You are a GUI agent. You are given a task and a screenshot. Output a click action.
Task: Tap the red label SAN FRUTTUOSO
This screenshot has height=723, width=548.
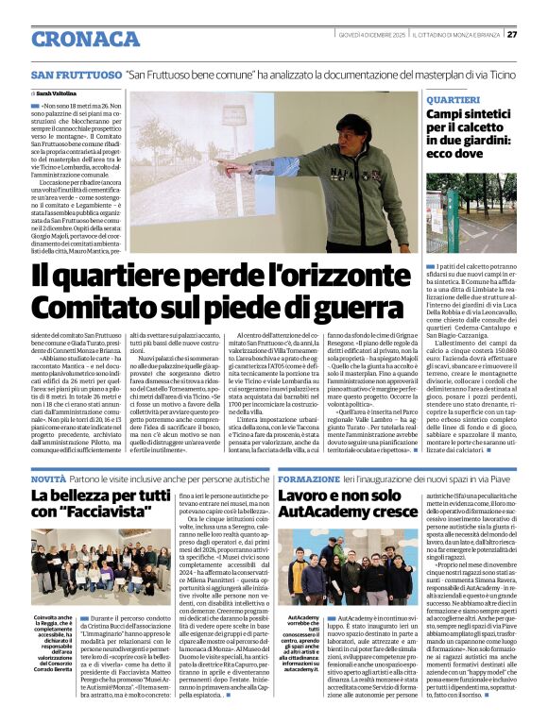pos(75,75)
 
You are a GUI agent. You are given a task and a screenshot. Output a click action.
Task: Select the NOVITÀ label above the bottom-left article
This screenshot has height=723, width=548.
pos(48,481)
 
